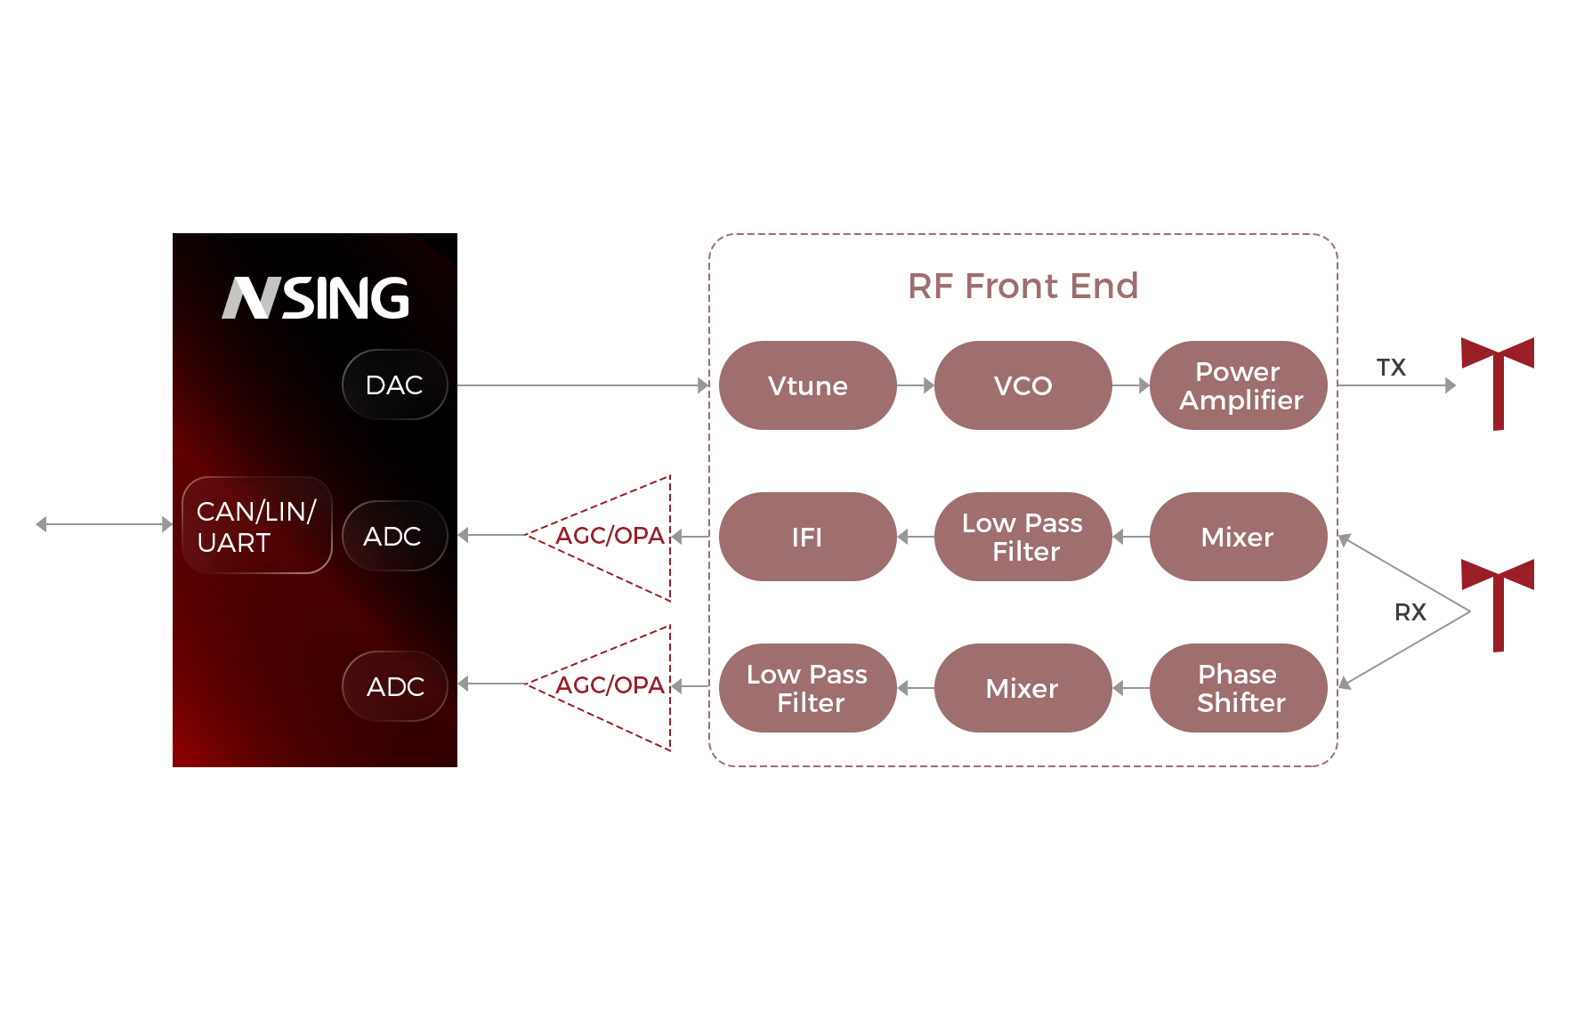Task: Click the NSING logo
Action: point(316,298)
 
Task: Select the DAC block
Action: point(394,385)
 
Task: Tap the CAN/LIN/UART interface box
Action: point(256,526)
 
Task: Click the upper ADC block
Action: point(393,536)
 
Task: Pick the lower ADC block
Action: point(394,686)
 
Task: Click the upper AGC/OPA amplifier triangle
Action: point(599,537)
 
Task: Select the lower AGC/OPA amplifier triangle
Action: point(599,686)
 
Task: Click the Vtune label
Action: point(807,386)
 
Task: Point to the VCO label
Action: point(1022,386)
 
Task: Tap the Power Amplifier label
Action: point(1240,386)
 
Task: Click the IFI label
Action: point(806,538)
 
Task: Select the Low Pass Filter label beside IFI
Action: point(1022,538)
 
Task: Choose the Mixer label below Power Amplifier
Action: point(1237,538)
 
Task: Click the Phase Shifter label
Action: point(1240,689)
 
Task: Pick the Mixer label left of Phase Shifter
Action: point(1022,689)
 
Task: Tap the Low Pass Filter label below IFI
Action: point(807,689)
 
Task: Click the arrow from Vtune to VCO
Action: point(916,385)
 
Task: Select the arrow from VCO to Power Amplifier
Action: point(1131,385)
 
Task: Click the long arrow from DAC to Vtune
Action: point(583,385)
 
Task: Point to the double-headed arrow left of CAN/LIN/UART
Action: point(103,524)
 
